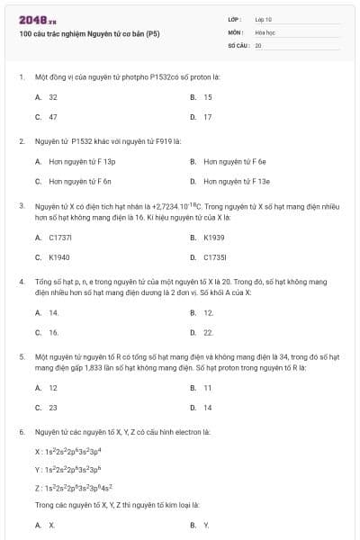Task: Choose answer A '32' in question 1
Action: click(x=53, y=97)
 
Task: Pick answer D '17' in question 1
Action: click(x=207, y=117)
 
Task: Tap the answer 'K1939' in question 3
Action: click(x=214, y=238)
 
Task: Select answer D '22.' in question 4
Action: click(x=208, y=332)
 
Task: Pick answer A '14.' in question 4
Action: click(x=54, y=312)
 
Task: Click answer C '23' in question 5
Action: click(x=53, y=407)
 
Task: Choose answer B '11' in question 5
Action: click(x=207, y=388)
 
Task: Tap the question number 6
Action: click(x=22, y=432)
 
